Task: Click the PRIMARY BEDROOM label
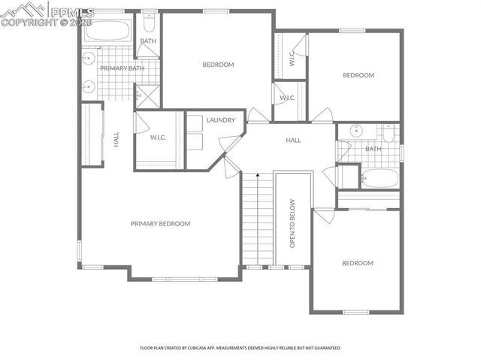coord(160,223)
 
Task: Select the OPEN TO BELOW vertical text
coord(293,224)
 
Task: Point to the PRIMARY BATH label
coord(122,68)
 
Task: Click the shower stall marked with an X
coord(147,96)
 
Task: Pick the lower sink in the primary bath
coord(87,86)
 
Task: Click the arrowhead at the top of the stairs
coord(258,174)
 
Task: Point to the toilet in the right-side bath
coord(389,133)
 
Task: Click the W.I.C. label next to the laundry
coord(158,138)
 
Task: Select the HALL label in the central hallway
coord(293,140)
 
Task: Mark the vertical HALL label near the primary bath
coord(116,139)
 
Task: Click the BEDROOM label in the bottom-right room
coord(358,263)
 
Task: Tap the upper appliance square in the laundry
coord(194,122)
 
